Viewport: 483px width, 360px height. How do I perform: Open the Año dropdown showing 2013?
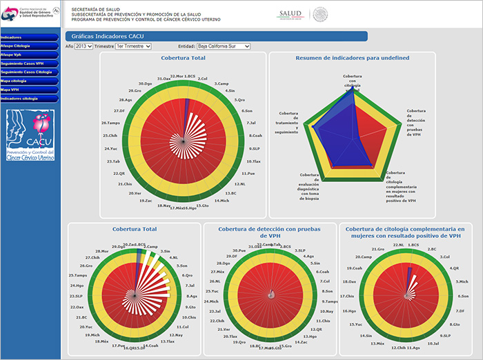tap(83, 46)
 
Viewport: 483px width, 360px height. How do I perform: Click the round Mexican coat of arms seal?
tap(320, 14)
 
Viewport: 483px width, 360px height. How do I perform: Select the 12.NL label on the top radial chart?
tap(240, 184)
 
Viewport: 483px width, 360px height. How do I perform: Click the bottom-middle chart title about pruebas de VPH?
tap(270, 232)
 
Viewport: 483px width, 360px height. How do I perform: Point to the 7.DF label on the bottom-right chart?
tap(456, 310)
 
